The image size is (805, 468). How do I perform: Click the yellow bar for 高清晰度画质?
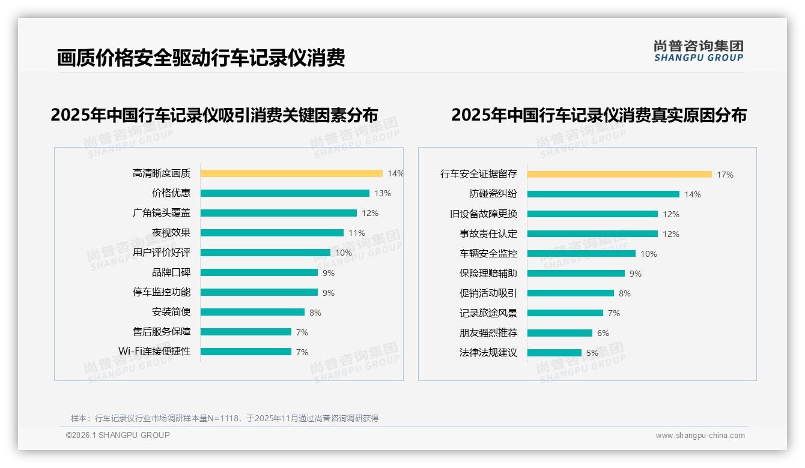[x=291, y=173]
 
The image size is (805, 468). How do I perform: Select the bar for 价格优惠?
[x=285, y=193]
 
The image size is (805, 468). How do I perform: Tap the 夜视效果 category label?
[x=171, y=233]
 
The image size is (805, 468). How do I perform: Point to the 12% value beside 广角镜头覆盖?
[x=370, y=213]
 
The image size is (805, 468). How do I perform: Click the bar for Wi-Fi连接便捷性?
[x=246, y=352]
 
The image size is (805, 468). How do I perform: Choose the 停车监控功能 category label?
[x=161, y=292]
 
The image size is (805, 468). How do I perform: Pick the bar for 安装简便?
[x=252, y=312]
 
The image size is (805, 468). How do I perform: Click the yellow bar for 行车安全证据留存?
[x=619, y=175]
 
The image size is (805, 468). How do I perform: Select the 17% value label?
[x=724, y=175]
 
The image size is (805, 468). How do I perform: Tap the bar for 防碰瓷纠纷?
[x=603, y=194]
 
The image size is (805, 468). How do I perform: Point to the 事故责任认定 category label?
[x=488, y=234]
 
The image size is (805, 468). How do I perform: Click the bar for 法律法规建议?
[x=554, y=353]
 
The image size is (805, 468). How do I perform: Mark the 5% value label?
[x=592, y=353]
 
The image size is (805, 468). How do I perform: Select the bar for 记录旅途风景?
[x=565, y=313]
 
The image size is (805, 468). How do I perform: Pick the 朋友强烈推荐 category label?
[x=488, y=333]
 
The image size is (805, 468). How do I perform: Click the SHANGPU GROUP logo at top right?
[x=698, y=51]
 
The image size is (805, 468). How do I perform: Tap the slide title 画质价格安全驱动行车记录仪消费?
[x=201, y=58]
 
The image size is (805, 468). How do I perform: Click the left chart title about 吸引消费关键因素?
[x=214, y=115]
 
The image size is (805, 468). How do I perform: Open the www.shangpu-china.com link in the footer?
[x=700, y=436]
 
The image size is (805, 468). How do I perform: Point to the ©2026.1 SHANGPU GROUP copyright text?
[x=118, y=435]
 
